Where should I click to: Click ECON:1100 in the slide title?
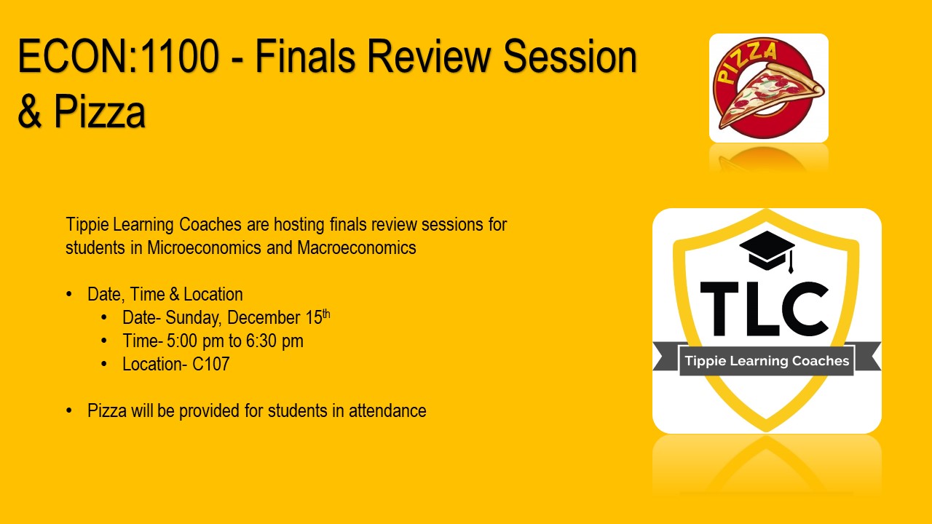(x=118, y=56)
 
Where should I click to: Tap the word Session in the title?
(x=570, y=56)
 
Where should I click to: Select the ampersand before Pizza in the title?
(x=30, y=111)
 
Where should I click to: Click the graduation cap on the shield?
(x=767, y=251)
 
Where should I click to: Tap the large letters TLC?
(x=765, y=309)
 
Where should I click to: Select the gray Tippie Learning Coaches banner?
(x=767, y=360)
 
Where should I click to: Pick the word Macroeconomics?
(x=357, y=248)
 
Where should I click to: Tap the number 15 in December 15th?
(x=314, y=318)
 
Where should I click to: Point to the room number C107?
(x=210, y=365)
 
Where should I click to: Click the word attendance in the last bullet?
(x=387, y=411)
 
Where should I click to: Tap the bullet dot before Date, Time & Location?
(x=69, y=295)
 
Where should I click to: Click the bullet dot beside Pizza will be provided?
(x=69, y=411)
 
